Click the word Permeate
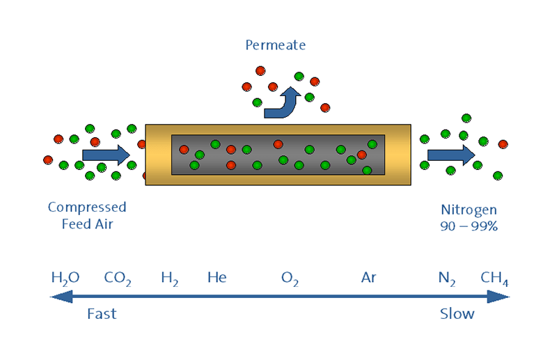pyautogui.click(x=275, y=45)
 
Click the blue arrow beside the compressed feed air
pyautogui.click(x=106, y=155)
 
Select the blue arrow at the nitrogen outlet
pyautogui.click(x=451, y=155)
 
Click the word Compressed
pyautogui.click(x=87, y=208)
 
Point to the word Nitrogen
pyautogui.click(x=469, y=210)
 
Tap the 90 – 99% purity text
pyautogui.click(x=469, y=226)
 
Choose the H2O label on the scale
pyautogui.click(x=65, y=279)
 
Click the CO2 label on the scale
pyautogui.click(x=118, y=279)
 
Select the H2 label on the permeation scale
pyautogui.click(x=169, y=279)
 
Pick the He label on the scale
pyautogui.click(x=217, y=277)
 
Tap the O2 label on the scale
pyautogui.click(x=290, y=279)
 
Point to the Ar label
pyautogui.click(x=368, y=277)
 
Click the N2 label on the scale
pyautogui.click(x=447, y=279)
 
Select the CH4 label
pyautogui.click(x=494, y=279)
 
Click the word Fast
pyautogui.click(x=102, y=314)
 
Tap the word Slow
pyautogui.click(x=457, y=314)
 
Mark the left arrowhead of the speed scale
pyautogui.click(x=61, y=297)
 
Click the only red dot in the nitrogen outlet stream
pyautogui.click(x=503, y=144)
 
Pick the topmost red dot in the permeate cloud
pyautogui.click(x=260, y=71)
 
